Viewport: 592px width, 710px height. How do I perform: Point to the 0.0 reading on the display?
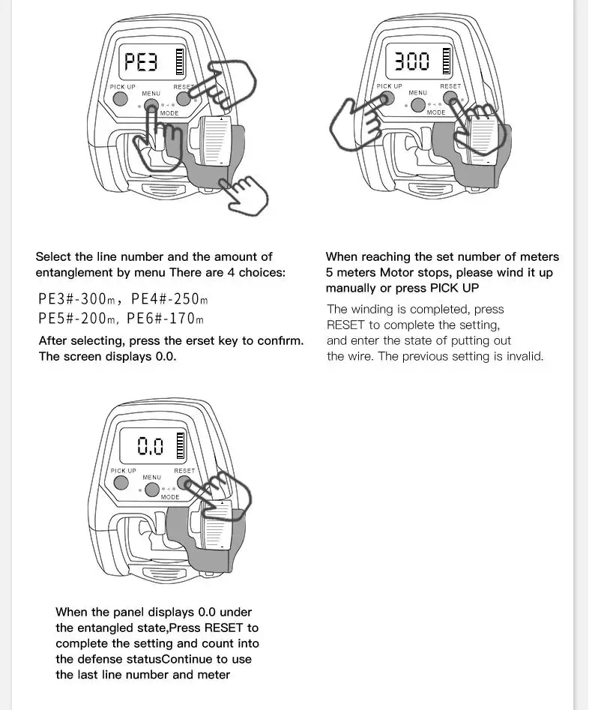[150, 447]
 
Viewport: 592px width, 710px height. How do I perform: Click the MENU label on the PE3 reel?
[151, 94]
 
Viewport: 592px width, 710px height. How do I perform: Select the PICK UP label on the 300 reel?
[389, 86]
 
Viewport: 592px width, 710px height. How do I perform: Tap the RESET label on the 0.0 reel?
[184, 471]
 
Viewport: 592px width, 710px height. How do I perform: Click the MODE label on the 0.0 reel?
[170, 497]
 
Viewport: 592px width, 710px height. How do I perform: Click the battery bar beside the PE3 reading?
[179, 61]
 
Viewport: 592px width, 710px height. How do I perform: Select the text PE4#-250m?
[166, 299]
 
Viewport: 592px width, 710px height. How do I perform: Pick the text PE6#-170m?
[165, 319]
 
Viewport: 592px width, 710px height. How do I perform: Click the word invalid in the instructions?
[522, 356]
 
